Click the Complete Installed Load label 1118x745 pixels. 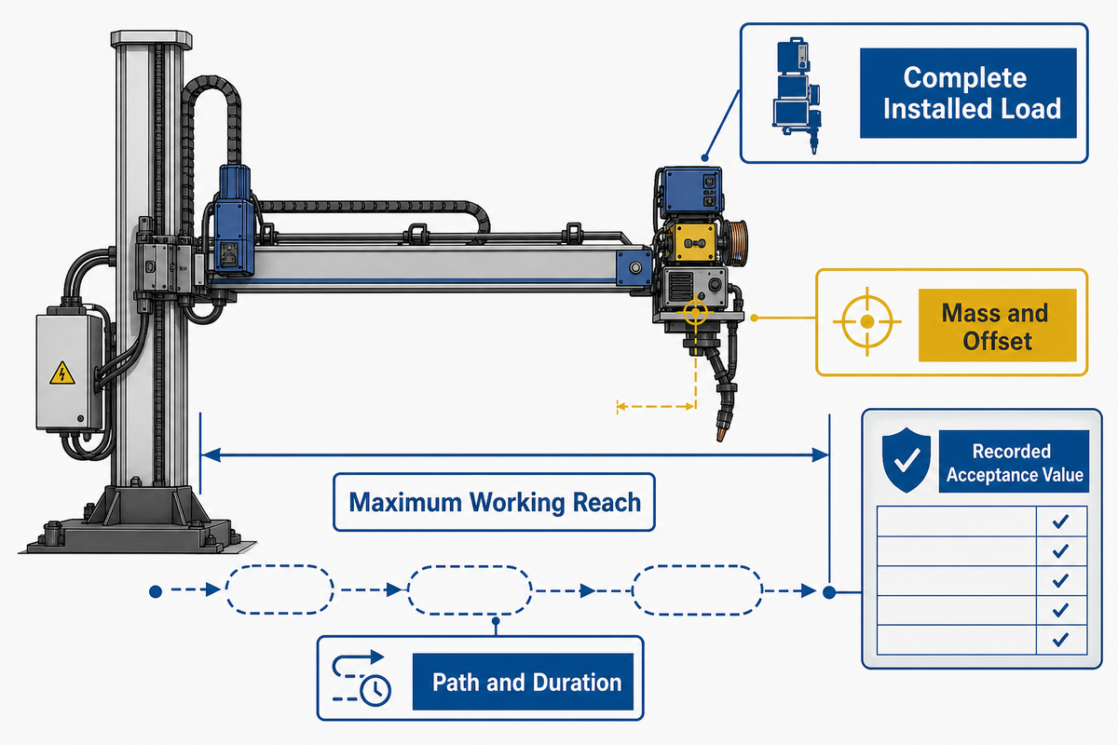(968, 93)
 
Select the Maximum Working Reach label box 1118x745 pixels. (494, 502)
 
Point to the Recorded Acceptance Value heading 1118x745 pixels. (1014, 462)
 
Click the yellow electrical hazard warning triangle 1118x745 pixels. (62, 373)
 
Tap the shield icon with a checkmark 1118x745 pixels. (906, 460)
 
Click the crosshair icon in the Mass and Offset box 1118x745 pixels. (867, 322)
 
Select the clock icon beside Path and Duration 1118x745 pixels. (375, 690)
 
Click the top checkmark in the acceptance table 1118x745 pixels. (1060, 521)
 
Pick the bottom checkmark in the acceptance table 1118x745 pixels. (1060, 639)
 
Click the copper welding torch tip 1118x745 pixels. (721, 431)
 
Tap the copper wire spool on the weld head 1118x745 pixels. (737, 243)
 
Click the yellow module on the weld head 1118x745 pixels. (694, 243)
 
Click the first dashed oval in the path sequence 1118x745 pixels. (279, 589)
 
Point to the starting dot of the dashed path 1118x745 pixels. (156, 591)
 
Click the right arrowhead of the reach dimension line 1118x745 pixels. (821, 454)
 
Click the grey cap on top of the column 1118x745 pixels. (151, 38)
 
